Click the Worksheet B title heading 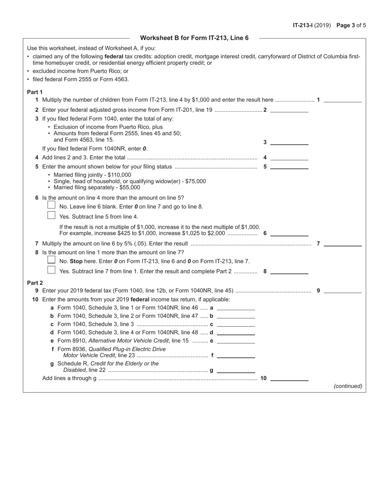194,38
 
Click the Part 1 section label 35,92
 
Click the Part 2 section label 35,283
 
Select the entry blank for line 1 343,99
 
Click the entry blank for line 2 289,109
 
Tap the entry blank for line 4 289,157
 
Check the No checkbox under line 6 51,205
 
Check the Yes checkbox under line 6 51,215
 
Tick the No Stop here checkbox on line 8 51,260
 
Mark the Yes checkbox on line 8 51,270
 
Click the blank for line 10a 236,307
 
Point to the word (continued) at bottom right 348,386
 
